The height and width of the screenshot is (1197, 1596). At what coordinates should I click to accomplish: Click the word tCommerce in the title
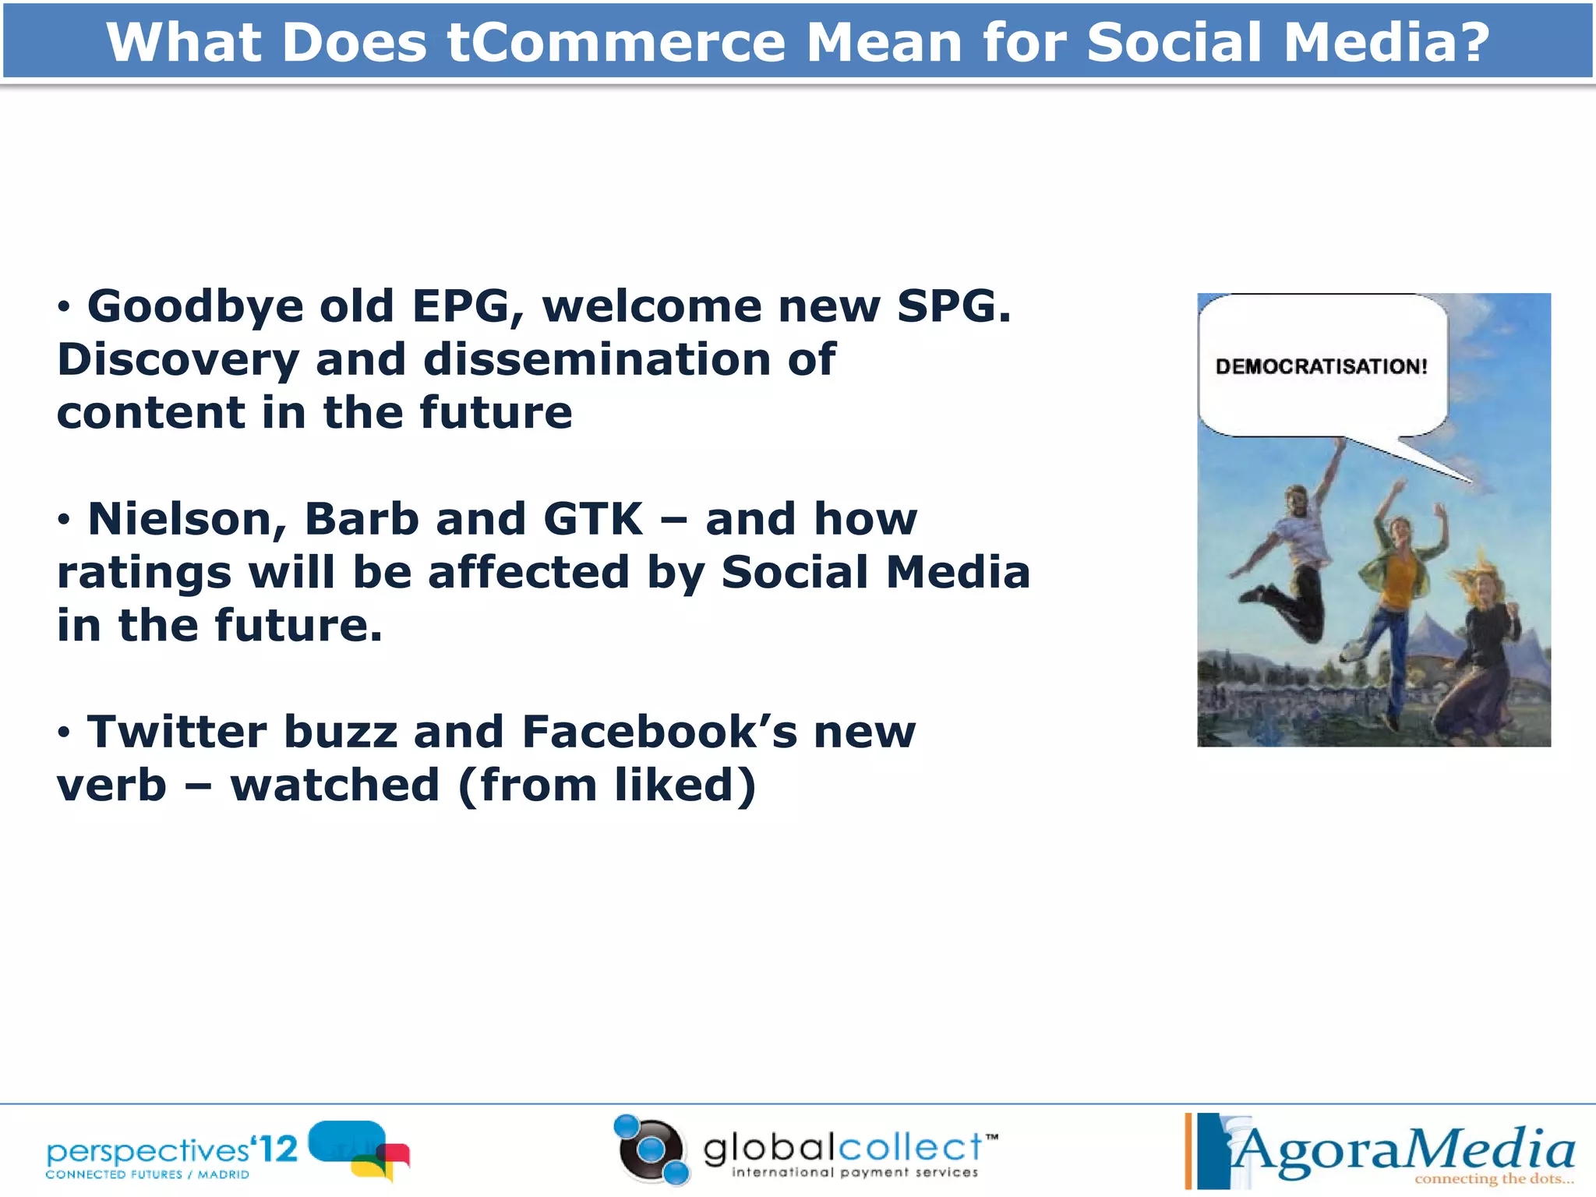616,43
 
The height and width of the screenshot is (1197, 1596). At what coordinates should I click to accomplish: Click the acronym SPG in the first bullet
953,306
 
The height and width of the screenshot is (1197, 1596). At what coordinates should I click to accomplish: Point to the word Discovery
178,360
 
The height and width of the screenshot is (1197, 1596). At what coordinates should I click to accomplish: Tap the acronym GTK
592,519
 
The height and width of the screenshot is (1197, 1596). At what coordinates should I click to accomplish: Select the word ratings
144,573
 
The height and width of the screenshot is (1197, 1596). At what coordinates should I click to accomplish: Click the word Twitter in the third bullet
177,733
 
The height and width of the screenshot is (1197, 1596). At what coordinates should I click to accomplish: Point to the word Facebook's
659,733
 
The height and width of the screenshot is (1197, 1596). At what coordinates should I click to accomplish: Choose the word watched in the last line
335,786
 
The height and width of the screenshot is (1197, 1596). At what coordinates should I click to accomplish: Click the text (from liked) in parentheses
607,786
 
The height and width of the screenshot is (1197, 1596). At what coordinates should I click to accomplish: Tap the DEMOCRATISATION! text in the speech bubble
1321,366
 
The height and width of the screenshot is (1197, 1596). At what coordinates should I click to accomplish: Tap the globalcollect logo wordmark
842,1149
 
